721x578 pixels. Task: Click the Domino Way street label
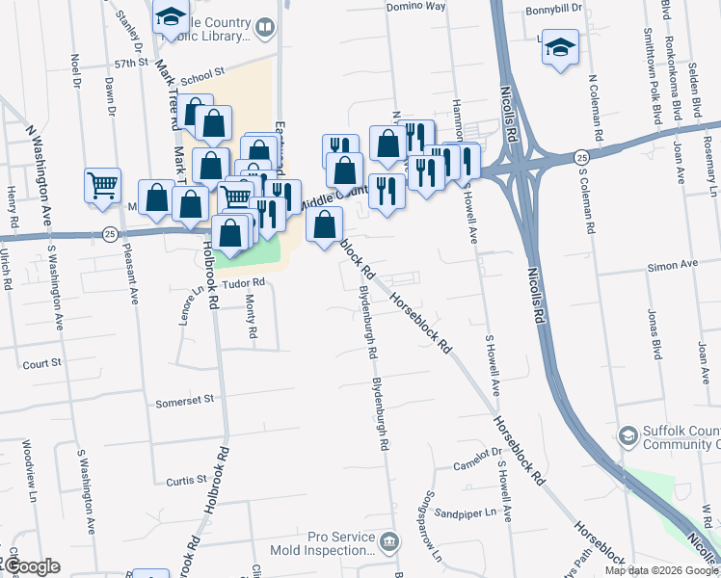(416, 6)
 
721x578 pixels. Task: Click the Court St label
(42, 363)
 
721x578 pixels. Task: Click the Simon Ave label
(672, 264)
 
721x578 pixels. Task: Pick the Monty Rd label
(253, 316)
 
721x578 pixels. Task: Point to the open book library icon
(263, 28)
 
